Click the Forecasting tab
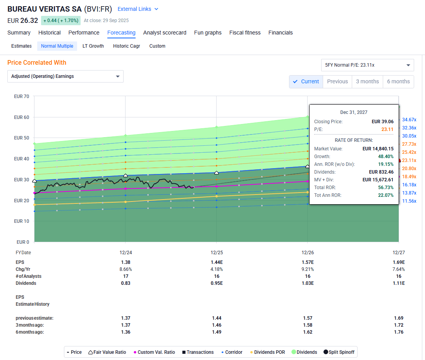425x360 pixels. click(x=121, y=33)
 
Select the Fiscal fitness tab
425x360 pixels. click(x=245, y=33)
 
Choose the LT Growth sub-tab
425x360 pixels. click(x=93, y=46)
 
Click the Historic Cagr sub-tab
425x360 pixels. click(x=126, y=46)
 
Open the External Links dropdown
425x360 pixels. click(x=138, y=9)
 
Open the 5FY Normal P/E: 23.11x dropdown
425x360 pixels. click(x=367, y=65)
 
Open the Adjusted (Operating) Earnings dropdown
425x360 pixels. click(x=65, y=76)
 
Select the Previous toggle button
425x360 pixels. click(x=337, y=81)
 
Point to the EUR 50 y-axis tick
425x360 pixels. click(x=21, y=138)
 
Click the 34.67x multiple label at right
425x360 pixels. click(x=409, y=120)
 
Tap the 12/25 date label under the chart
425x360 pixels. click(x=216, y=253)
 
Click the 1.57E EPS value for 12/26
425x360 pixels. click(x=308, y=262)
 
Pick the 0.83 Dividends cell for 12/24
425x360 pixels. click(x=126, y=283)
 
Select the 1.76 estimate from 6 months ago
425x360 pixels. click(x=398, y=332)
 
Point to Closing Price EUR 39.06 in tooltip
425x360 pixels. click(x=382, y=121)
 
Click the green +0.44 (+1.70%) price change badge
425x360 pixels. click(x=60, y=21)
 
